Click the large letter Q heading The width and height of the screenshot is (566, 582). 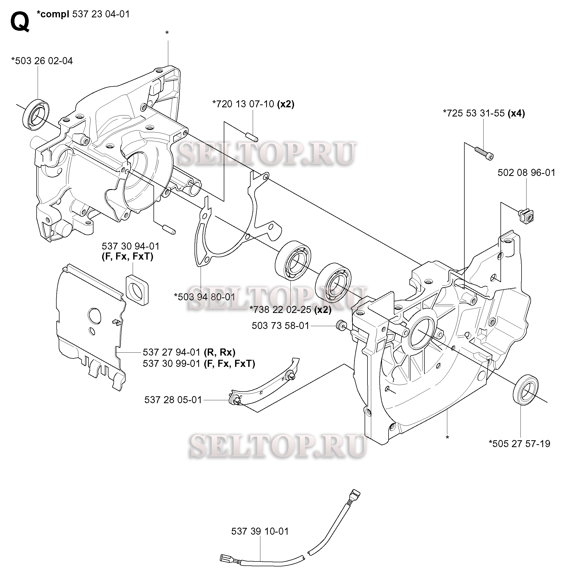pos(20,22)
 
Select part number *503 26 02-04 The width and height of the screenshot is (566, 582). pos(42,61)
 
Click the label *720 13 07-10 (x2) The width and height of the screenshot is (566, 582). pos(253,104)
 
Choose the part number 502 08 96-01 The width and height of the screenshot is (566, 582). pos(526,173)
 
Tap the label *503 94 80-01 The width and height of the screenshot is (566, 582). pos(205,297)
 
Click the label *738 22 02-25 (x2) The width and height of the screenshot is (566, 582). pos(290,310)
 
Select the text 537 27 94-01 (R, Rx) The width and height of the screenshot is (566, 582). pos(189,352)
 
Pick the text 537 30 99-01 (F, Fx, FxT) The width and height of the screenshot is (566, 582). pos(199,363)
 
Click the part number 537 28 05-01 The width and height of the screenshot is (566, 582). pos(173,400)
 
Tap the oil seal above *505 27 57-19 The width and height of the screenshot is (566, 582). pos(525,389)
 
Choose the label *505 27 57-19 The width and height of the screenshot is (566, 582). pos(519,444)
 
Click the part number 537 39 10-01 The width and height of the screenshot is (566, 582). pos(260,531)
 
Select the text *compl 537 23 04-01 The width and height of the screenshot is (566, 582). pos(83,14)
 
